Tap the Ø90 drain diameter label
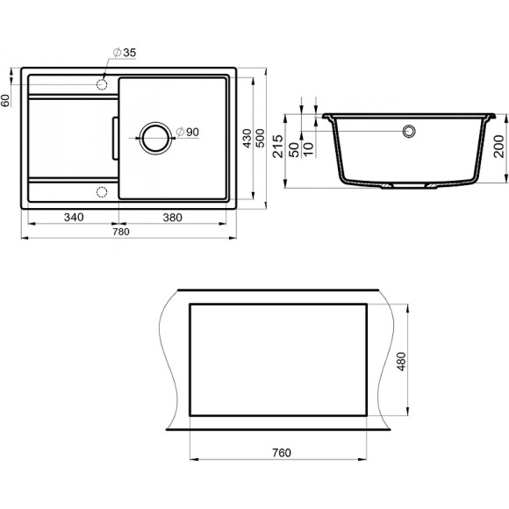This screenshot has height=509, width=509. [x=189, y=132]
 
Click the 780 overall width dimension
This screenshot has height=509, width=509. [x=120, y=232]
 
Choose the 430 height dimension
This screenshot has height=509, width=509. [x=248, y=139]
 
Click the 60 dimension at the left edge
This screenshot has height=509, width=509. [x=6, y=99]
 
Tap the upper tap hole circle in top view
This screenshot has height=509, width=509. [x=102, y=83]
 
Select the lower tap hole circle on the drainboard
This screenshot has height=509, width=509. [x=102, y=192]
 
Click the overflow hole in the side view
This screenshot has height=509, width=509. [x=409, y=132]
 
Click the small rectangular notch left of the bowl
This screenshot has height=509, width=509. [x=112, y=137]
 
